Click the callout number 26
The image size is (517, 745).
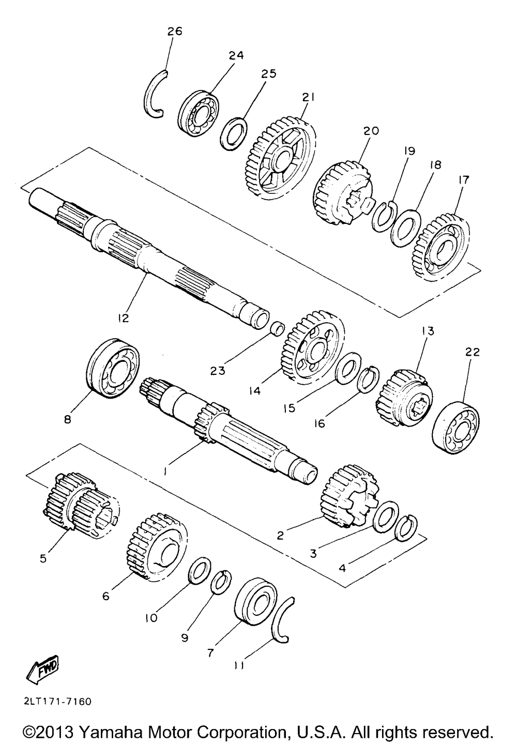(x=175, y=32)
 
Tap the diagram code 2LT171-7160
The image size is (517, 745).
(x=57, y=702)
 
